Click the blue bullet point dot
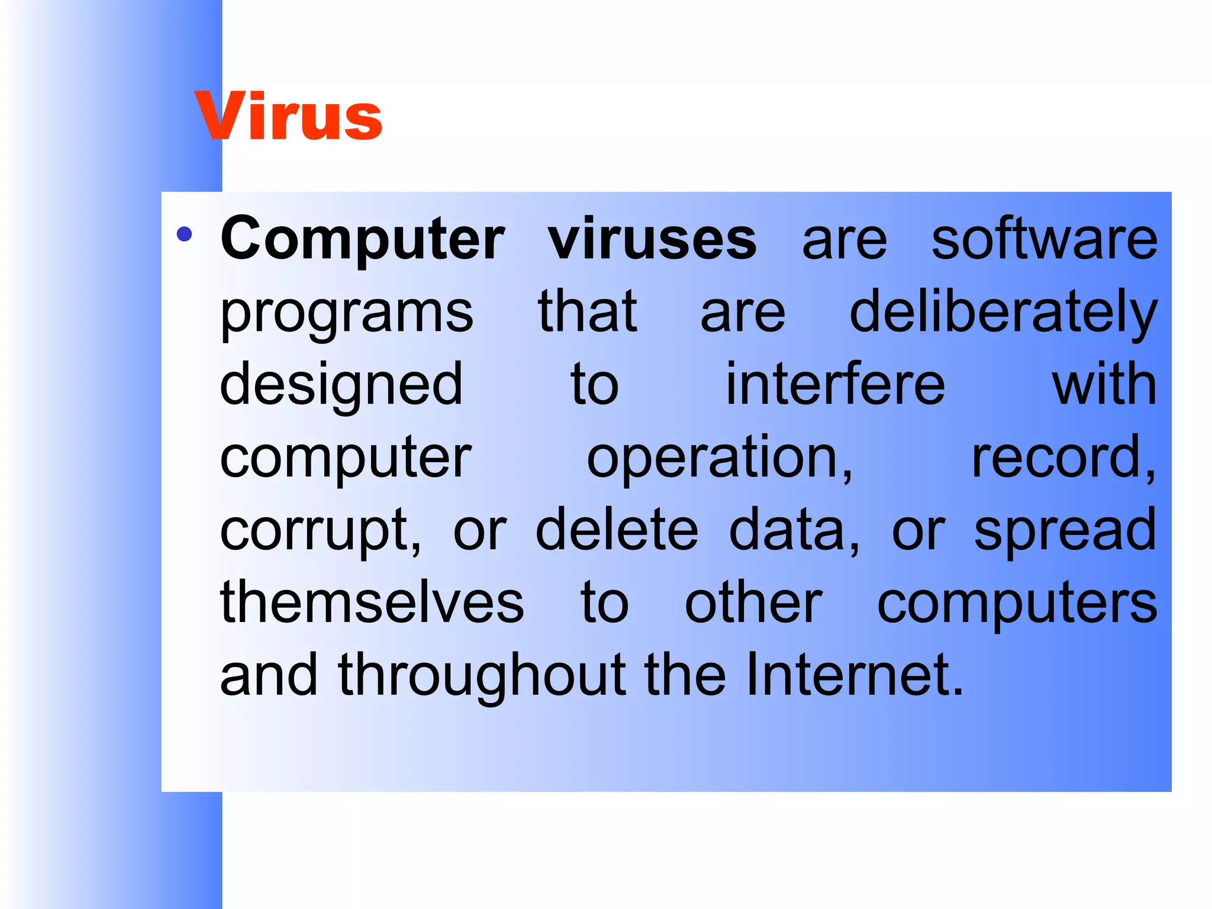tap(185, 234)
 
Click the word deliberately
tap(1003, 314)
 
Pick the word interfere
tap(835, 385)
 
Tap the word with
tap(1104, 385)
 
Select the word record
tap(1062, 457)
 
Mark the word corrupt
tap(320, 531)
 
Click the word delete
tap(617, 530)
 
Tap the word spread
tap(1065, 531)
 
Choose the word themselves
tap(372, 602)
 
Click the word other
tap(753, 602)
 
